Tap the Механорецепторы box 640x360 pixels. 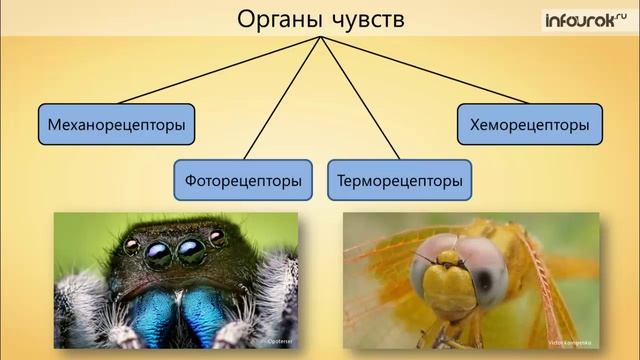(117, 125)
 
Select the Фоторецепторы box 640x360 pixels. (243, 182)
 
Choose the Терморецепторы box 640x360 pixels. (399, 182)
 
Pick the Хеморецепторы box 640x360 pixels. (530, 125)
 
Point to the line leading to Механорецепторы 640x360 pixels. (220, 70)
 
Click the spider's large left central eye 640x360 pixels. (158, 254)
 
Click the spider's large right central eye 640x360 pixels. (190, 252)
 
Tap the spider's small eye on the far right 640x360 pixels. (217, 238)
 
